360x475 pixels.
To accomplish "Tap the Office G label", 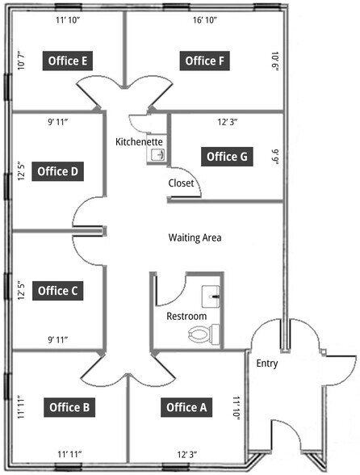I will click(x=227, y=156).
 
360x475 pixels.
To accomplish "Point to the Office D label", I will click(x=58, y=171).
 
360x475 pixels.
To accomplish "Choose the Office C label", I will click(x=58, y=291).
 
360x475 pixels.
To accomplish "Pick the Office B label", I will click(x=69, y=407).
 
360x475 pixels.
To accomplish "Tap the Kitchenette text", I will click(x=140, y=142).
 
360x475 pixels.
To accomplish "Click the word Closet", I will click(x=181, y=183).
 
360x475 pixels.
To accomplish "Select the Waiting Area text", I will click(x=195, y=238).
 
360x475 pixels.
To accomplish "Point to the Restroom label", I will click(x=186, y=316).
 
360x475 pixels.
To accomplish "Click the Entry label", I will click(x=267, y=364).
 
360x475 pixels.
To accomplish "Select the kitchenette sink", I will click(x=155, y=155).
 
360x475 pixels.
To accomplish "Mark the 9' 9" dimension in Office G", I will click(x=275, y=155).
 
